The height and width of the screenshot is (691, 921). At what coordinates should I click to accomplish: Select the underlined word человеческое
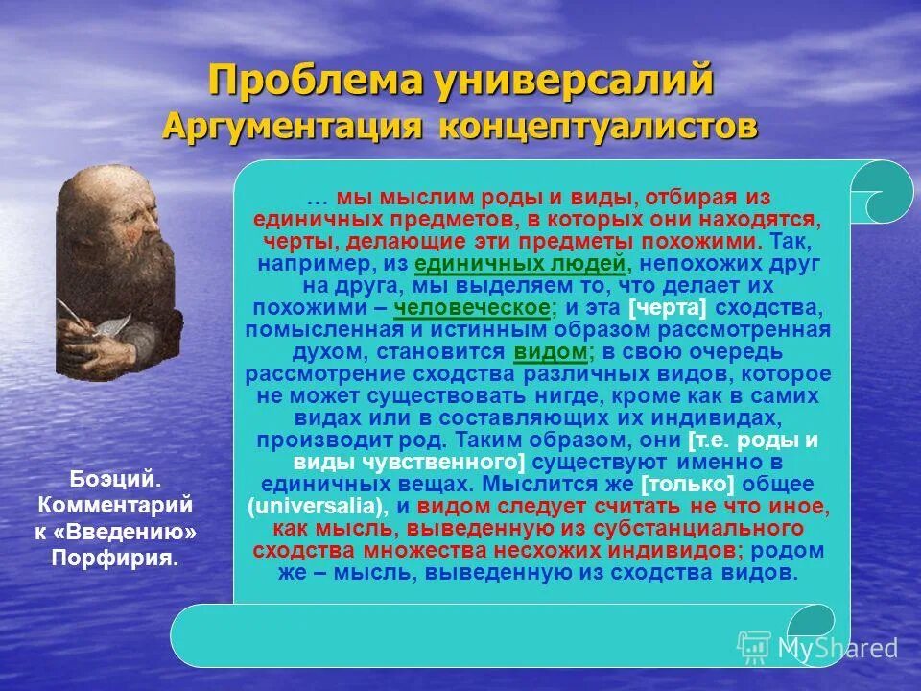[473, 308]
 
